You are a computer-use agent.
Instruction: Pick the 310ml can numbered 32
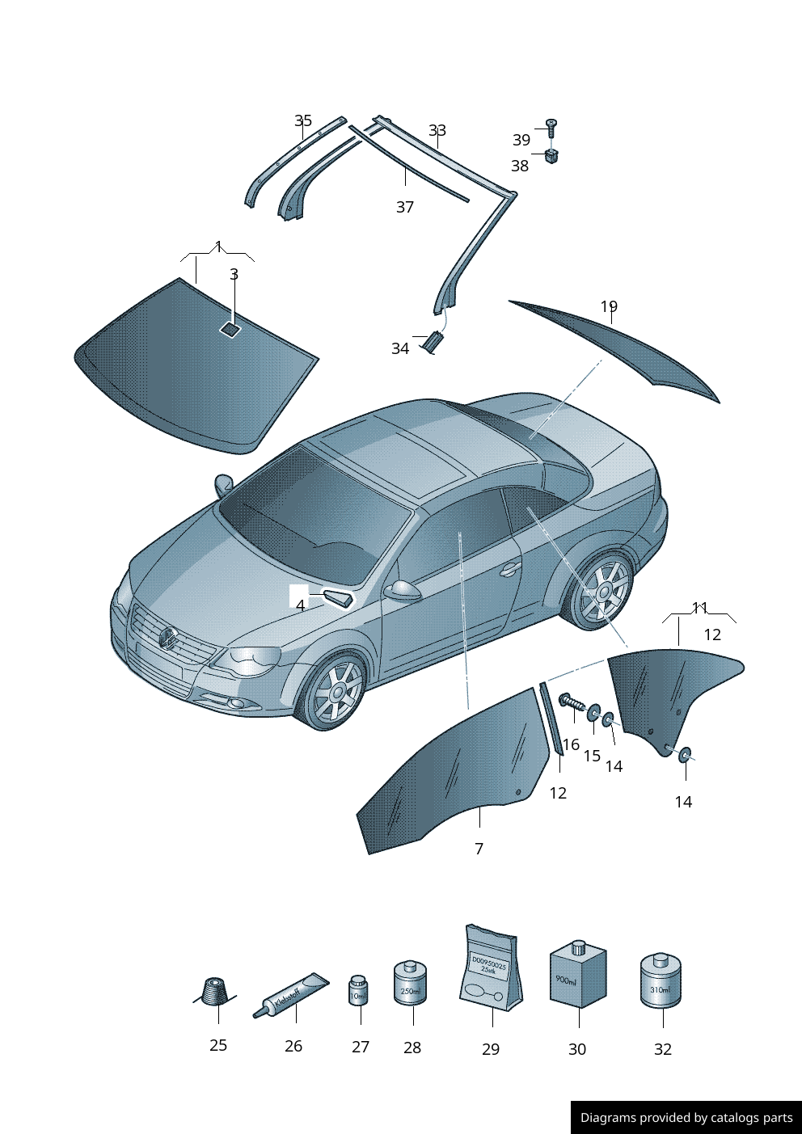click(661, 981)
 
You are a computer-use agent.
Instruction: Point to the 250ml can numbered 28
click(410, 983)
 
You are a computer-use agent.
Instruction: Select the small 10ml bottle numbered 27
click(358, 989)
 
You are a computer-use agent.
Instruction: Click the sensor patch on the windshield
click(230, 328)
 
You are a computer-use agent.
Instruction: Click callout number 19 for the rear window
click(609, 306)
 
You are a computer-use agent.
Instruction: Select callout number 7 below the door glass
click(479, 849)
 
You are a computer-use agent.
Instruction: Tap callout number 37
click(405, 207)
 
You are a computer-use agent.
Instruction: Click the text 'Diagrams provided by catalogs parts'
click(686, 1117)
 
